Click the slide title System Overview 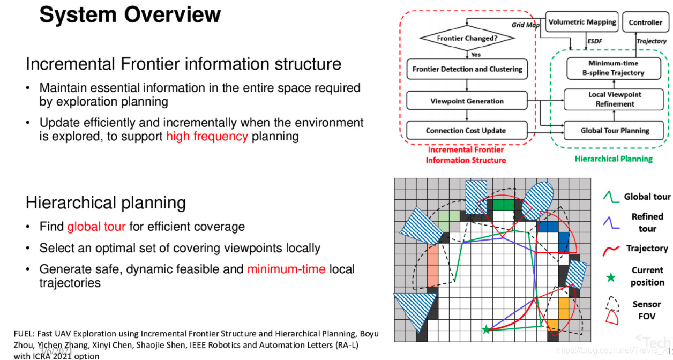tap(130, 15)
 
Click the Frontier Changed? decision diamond tap(467, 39)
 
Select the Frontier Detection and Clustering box tap(467, 69)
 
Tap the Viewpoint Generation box tap(467, 101)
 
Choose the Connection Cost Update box tap(466, 130)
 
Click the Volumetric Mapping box tap(582, 22)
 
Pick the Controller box tap(645, 22)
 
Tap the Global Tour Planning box tap(615, 130)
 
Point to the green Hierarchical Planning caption tap(614, 159)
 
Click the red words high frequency tap(207, 136)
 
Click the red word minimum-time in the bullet tap(286, 269)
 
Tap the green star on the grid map tap(486, 329)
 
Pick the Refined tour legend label tap(647, 222)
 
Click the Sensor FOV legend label tap(646, 310)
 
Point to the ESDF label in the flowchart tap(594, 41)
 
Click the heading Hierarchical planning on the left tap(106, 202)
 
